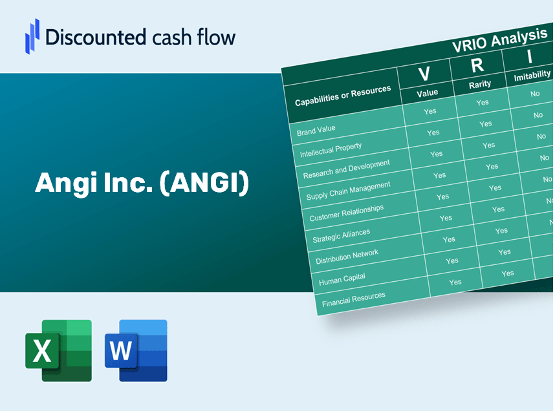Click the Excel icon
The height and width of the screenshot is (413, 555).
tap(58, 350)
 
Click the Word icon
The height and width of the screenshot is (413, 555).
tap(136, 350)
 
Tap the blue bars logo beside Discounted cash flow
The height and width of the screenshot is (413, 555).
tap(32, 36)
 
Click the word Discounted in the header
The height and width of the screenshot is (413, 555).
tap(96, 37)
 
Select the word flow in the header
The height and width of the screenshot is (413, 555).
tap(216, 37)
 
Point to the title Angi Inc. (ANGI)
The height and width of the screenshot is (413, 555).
tap(142, 183)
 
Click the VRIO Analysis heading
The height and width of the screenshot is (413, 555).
tap(499, 40)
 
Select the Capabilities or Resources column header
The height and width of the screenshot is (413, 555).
tap(343, 96)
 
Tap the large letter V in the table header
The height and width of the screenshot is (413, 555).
tap(424, 74)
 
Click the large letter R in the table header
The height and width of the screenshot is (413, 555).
tap(477, 65)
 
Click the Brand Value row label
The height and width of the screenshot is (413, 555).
tap(316, 131)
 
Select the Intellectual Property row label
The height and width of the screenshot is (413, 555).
tap(331, 150)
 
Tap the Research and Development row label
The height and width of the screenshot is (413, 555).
tap(346, 169)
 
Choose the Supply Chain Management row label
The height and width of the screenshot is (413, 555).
tap(348, 191)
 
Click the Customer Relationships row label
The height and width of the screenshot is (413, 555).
tap(346, 213)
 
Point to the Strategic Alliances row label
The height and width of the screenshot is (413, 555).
tap(341, 235)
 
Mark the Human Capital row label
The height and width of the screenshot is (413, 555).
tap(342, 279)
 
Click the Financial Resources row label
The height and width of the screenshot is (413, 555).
tap(353, 299)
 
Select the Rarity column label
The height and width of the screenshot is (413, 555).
tap(479, 85)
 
